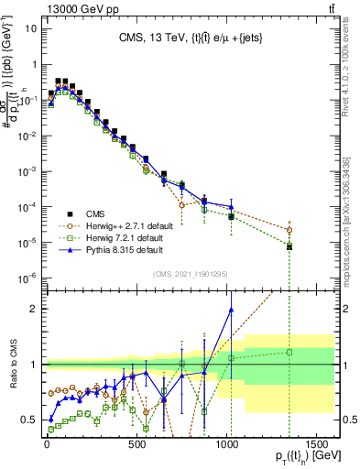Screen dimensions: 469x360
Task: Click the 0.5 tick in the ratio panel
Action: tap(33, 420)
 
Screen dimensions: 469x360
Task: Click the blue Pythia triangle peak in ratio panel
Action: tap(231, 309)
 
